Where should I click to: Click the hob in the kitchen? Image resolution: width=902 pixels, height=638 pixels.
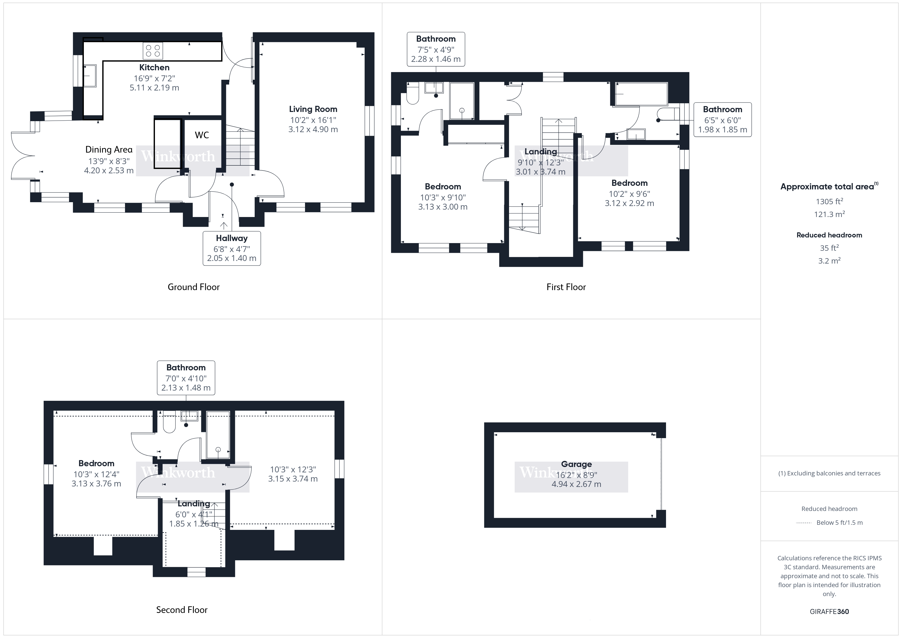tap(153, 51)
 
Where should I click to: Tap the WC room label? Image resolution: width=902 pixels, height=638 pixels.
tap(202, 135)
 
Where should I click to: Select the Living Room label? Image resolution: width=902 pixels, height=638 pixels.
tap(313, 109)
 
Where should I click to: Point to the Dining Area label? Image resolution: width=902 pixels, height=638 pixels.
tap(109, 150)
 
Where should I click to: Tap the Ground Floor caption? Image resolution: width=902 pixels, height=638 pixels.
tap(193, 287)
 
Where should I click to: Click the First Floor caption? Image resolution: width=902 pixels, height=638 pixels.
tap(566, 287)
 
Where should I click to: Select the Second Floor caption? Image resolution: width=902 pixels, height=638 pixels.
tap(182, 610)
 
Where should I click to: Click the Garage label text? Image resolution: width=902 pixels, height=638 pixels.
tap(576, 464)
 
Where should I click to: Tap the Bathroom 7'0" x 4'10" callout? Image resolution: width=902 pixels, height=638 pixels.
tap(186, 378)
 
